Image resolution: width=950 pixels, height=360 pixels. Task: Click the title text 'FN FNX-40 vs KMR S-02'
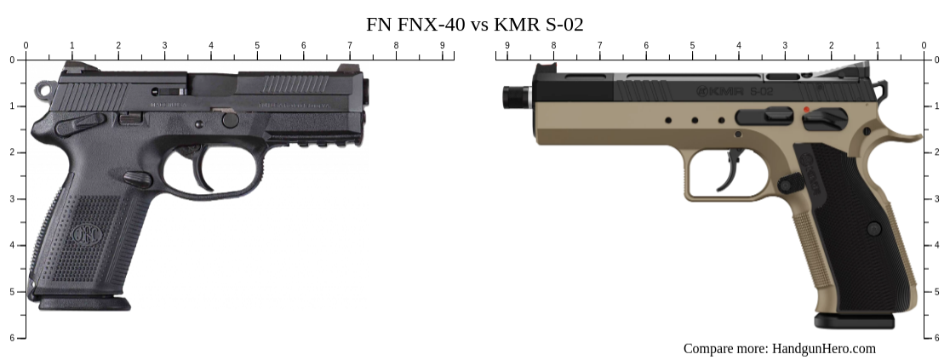[x=474, y=24]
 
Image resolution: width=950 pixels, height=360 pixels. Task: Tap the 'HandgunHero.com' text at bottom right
[x=823, y=348]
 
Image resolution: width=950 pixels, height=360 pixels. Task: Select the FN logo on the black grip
[x=86, y=233]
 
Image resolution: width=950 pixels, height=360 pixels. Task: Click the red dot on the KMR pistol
[x=805, y=110]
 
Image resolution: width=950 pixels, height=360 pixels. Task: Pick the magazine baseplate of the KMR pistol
[x=854, y=321]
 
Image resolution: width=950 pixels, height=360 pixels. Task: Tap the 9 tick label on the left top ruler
[x=442, y=45]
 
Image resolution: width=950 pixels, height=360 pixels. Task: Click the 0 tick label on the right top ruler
[x=924, y=45]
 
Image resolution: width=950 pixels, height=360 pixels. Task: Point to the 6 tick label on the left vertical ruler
[x=11, y=338]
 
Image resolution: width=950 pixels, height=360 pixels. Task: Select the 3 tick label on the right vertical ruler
[x=936, y=198]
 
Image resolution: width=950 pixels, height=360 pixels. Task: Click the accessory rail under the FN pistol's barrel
[x=315, y=142]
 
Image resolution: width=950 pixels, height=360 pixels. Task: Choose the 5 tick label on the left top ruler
[x=257, y=45]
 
